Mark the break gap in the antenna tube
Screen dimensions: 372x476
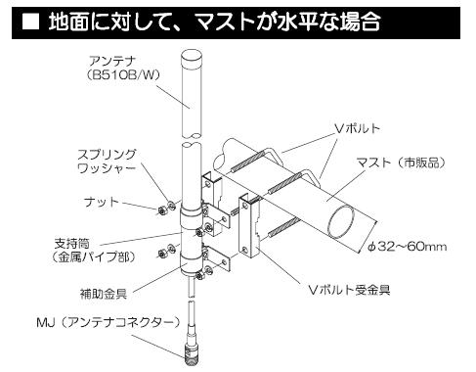(193, 137)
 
